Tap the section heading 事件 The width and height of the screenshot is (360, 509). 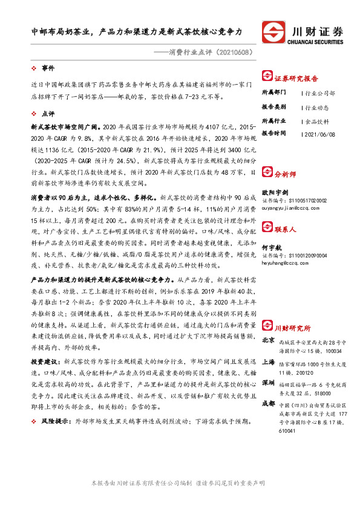[x=48, y=68]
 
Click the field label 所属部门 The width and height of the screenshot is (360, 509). [x=273, y=94]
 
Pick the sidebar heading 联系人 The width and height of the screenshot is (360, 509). [x=285, y=230]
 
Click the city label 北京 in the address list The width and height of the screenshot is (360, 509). [x=269, y=323]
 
